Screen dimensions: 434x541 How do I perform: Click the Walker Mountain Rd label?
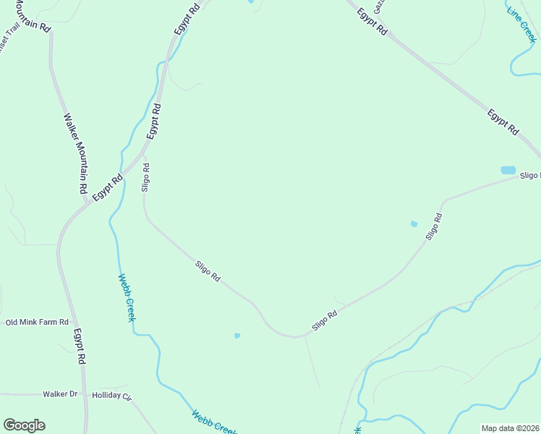point(75,153)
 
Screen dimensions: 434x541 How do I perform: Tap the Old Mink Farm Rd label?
point(37,322)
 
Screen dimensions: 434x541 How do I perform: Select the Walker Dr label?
point(60,394)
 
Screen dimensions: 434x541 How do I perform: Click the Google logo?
point(24,425)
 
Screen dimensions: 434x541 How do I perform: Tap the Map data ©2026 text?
point(511,428)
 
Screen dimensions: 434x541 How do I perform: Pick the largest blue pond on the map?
point(508,171)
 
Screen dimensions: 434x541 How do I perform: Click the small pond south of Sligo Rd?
point(237,336)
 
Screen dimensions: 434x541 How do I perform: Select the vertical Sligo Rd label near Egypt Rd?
point(146,176)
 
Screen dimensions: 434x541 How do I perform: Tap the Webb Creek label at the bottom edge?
point(214,422)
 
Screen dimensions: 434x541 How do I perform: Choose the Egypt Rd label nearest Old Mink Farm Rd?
point(81,347)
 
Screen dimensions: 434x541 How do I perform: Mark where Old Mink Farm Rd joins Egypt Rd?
point(72,323)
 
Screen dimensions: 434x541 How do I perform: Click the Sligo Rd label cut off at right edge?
point(530,176)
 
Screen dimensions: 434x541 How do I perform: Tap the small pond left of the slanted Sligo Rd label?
point(414,224)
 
